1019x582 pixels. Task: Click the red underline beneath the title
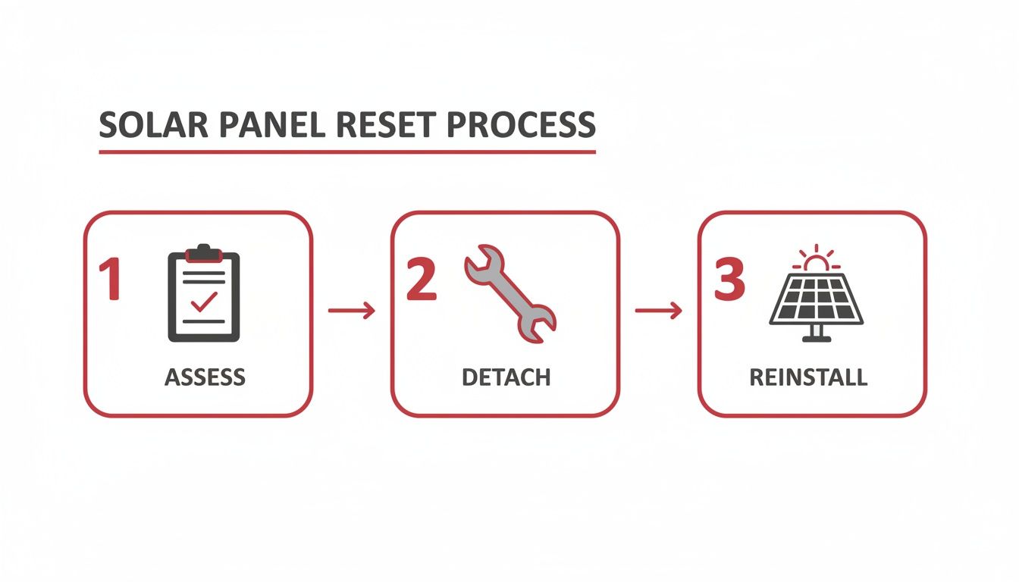[347, 152]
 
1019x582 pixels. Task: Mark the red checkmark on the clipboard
[204, 302]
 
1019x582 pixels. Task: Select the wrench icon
[509, 292]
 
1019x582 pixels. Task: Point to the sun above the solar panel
[816, 261]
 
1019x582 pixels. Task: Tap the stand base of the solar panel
[816, 338]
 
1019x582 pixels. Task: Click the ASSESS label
[205, 377]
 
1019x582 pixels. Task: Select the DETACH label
[506, 377]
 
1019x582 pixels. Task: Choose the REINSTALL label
[808, 377]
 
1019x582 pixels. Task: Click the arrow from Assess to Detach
[351, 310]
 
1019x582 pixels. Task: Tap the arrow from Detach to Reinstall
[658, 310]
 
